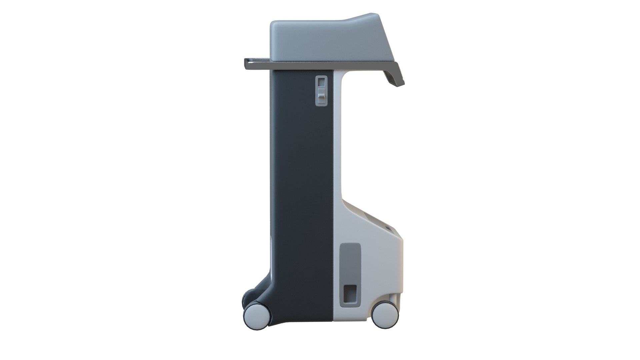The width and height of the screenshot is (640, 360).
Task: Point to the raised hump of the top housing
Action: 370,23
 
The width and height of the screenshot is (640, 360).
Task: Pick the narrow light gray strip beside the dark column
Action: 337,150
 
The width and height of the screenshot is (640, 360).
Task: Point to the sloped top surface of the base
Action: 370,217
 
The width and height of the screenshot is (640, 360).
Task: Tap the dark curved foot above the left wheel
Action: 263,293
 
